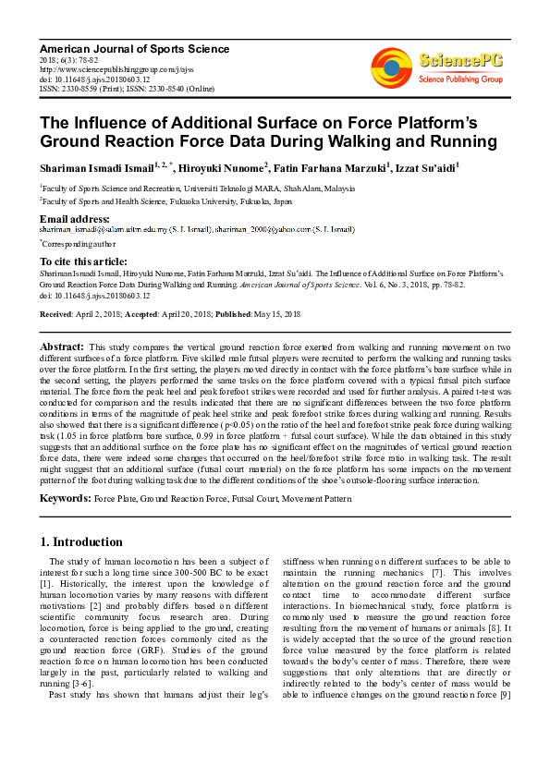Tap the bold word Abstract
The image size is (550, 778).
pyautogui.click(x=62, y=346)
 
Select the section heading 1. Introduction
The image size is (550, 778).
pyautogui.click(x=81, y=541)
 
